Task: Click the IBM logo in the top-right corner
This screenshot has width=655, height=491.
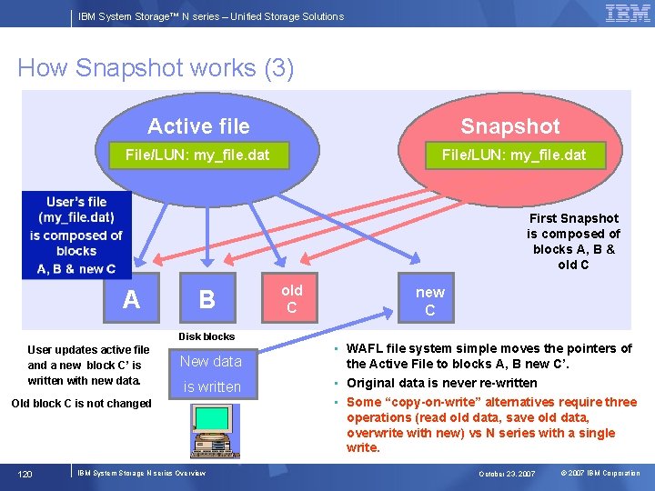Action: tap(628, 14)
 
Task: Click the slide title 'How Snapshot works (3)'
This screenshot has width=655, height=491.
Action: tap(156, 68)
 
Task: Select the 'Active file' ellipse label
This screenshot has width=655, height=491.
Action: tap(198, 126)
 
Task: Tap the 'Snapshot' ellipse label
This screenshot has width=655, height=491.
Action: tap(509, 126)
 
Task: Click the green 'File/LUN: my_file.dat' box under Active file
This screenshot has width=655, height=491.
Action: tap(196, 155)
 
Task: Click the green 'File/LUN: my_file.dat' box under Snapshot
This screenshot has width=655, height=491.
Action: tap(514, 155)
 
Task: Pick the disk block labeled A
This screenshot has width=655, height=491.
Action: tap(132, 299)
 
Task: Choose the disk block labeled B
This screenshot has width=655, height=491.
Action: tap(207, 299)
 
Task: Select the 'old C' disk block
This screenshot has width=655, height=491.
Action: tap(291, 299)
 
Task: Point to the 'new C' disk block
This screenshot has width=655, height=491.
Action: tap(429, 301)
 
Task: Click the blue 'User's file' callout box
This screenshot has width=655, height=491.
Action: tap(76, 235)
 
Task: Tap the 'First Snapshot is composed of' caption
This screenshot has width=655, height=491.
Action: tap(573, 241)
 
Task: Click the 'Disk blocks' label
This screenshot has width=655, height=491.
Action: tap(207, 336)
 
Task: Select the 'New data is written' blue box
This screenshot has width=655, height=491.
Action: tap(211, 374)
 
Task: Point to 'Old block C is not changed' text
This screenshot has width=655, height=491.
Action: tap(81, 404)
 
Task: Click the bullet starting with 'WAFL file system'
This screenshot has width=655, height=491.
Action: tap(489, 356)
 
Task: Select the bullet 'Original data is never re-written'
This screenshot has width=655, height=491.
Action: tap(441, 383)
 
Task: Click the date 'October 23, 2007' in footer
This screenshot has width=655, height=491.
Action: tap(507, 474)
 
